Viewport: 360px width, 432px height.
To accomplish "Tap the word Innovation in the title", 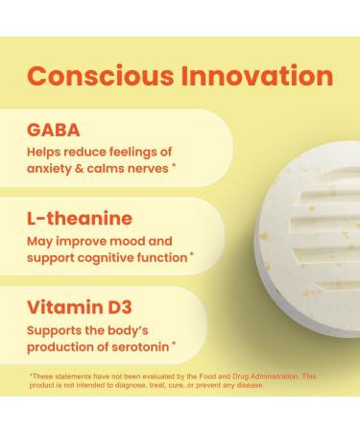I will [258, 76].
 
